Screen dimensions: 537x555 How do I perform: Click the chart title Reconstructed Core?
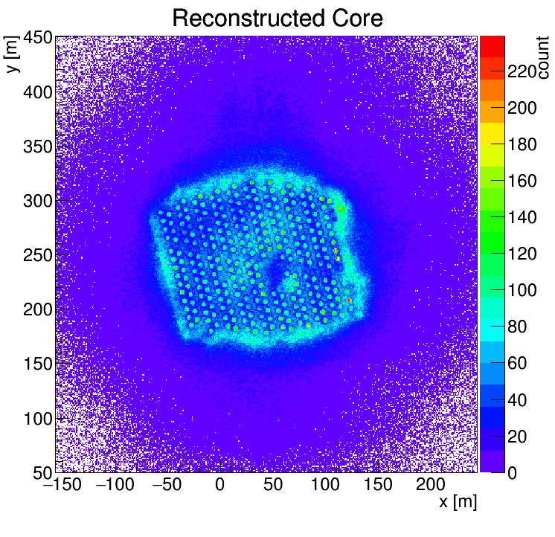click(277, 18)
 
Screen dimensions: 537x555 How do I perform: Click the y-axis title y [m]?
click(12, 56)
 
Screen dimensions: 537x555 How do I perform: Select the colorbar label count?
click(543, 56)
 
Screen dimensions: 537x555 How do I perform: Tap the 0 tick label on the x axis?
click(219, 485)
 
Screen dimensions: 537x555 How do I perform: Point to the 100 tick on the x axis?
click(324, 485)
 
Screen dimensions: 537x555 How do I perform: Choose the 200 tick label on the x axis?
click(430, 485)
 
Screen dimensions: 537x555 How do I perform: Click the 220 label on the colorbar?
click(522, 72)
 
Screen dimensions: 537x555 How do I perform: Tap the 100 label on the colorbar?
click(522, 291)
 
